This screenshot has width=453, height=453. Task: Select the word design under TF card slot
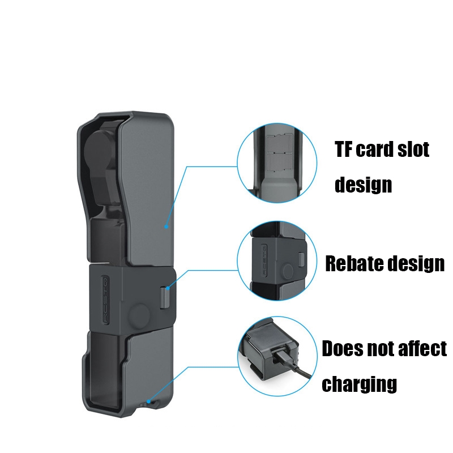pyautogui.click(x=363, y=185)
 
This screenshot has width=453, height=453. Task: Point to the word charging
pyautogui.click(x=359, y=384)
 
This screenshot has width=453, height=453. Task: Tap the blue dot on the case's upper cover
pyautogui.click(x=166, y=226)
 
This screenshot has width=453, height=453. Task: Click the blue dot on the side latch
pyautogui.click(x=168, y=288)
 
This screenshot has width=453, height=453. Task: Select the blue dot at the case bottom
pyautogui.click(x=148, y=401)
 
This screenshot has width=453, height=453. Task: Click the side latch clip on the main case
pyautogui.click(x=165, y=297)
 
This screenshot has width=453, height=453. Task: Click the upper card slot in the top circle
pyautogui.click(x=276, y=143)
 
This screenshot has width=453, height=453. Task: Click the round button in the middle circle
pyautogui.click(x=288, y=271)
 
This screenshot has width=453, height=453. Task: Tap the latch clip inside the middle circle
pyautogui.click(x=301, y=259)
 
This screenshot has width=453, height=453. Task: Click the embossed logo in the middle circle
pyautogui.click(x=263, y=259)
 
